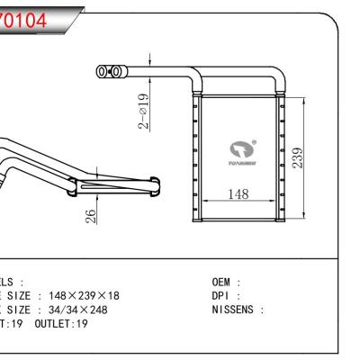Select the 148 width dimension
(238, 193)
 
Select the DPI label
(220, 295)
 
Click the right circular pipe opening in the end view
(114, 70)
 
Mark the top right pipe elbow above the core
(281, 79)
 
